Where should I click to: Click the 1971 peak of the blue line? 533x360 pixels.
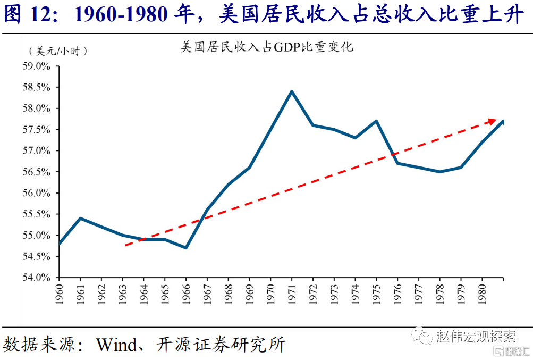click(x=292, y=91)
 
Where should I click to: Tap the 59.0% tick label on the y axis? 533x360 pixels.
click(x=37, y=66)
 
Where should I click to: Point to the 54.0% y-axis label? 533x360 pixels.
click(x=37, y=278)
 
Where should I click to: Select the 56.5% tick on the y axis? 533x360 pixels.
click(x=37, y=172)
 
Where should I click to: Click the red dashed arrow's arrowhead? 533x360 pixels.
click(x=492, y=121)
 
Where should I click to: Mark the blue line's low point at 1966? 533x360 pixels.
click(x=186, y=248)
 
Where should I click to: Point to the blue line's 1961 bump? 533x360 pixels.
click(x=80, y=218)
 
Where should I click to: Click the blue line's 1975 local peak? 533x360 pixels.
click(x=376, y=121)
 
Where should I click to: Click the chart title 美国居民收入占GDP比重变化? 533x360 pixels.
click(x=267, y=47)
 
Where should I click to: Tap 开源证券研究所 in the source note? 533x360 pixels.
click(x=221, y=344)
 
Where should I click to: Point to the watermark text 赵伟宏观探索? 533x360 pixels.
click(x=475, y=337)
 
